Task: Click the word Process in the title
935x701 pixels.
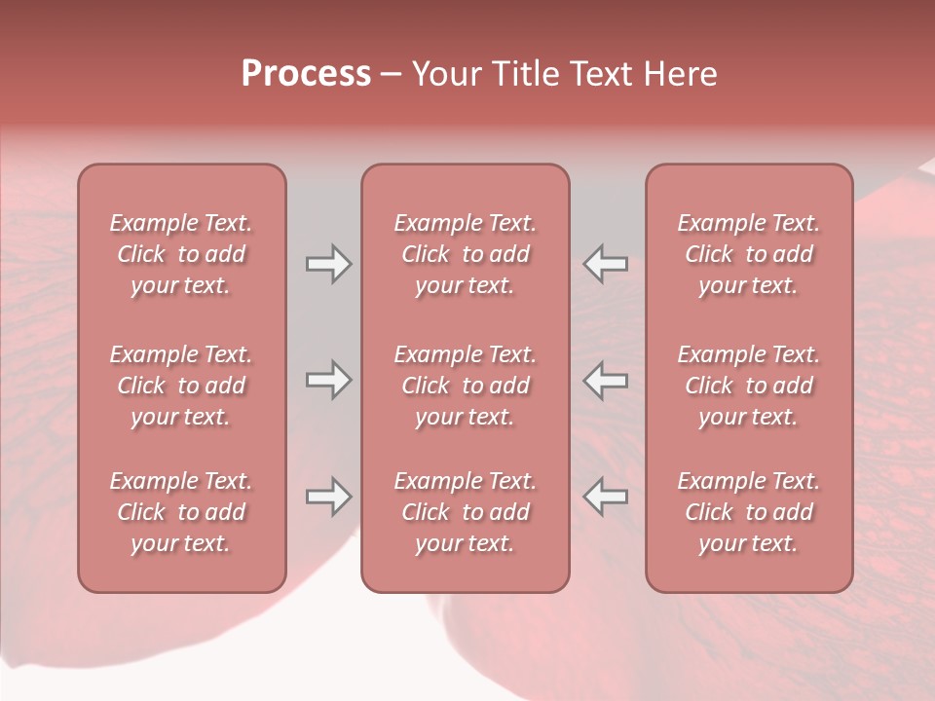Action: (306, 74)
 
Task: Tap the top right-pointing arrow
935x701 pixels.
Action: (329, 264)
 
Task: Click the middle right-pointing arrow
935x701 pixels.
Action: (329, 380)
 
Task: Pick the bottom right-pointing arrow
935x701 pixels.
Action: (329, 497)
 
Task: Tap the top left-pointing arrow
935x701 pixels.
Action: (605, 264)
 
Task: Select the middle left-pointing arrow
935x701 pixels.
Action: (605, 380)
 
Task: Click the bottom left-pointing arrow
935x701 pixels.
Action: (605, 497)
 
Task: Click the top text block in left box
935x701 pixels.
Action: (181, 254)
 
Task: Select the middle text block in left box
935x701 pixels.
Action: (181, 386)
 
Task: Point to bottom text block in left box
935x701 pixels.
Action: (181, 512)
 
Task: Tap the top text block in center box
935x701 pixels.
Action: (465, 254)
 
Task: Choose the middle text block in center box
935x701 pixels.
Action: (465, 386)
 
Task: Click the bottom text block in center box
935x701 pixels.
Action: (465, 512)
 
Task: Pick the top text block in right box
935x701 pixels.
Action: (748, 254)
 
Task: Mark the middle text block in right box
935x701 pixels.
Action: (748, 386)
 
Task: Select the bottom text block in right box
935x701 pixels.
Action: (748, 512)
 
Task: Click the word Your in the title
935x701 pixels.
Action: (444, 74)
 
